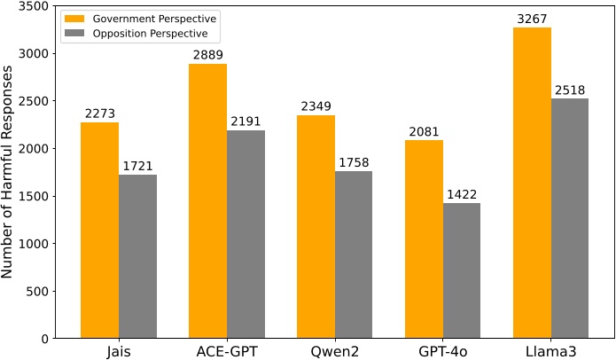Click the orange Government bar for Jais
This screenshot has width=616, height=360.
tap(100, 231)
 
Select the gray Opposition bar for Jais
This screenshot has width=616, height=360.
tap(138, 256)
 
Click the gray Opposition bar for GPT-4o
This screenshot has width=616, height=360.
tap(462, 270)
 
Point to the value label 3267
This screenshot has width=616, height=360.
tap(532, 20)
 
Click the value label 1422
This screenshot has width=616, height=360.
tap(462, 195)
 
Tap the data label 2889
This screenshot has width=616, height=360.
tap(208, 56)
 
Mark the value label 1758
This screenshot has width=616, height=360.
tap(354, 163)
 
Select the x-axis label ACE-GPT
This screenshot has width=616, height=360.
tap(227, 350)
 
